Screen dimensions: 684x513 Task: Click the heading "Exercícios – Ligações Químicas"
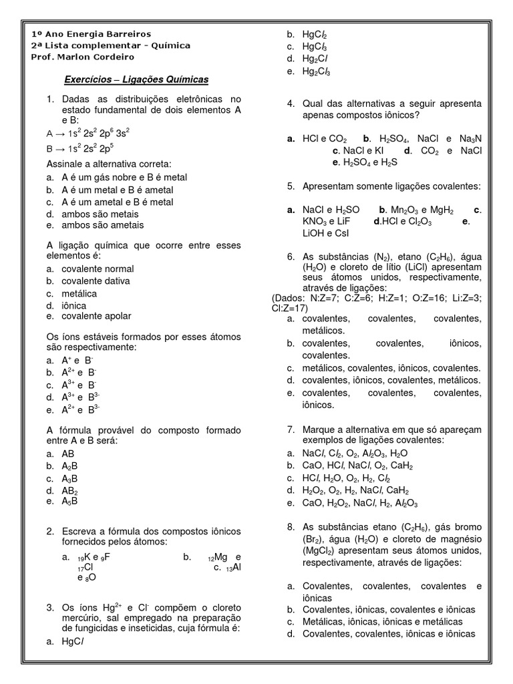coord(136,79)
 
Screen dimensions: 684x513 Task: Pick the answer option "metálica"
coord(79,293)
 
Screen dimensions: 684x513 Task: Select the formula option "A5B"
coord(69,500)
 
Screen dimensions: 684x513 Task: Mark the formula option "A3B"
coord(69,478)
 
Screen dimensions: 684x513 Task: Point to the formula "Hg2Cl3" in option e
coord(316,71)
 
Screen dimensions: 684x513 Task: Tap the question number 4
coord(291,104)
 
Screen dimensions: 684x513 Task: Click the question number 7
coord(291,428)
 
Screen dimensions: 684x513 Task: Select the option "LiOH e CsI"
coord(325,233)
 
